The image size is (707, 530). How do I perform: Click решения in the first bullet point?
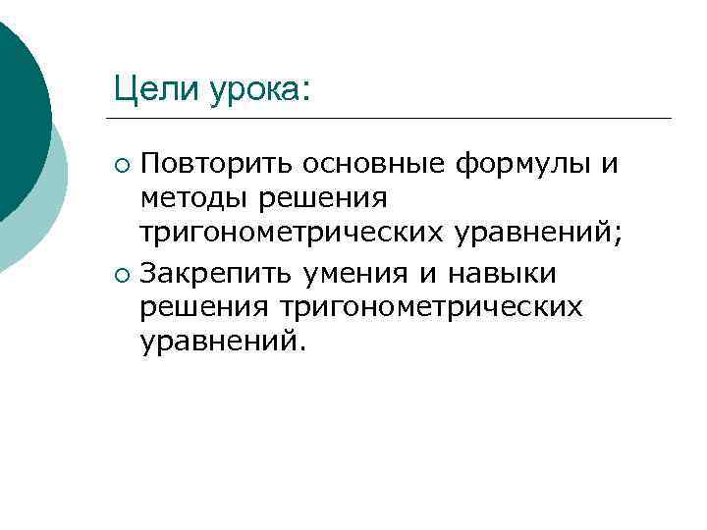click(322, 198)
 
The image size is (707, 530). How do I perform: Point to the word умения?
click(355, 270)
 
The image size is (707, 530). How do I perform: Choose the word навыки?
click(497, 270)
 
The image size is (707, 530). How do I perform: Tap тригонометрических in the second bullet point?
click(432, 306)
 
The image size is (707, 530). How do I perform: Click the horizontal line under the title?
click(393, 119)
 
